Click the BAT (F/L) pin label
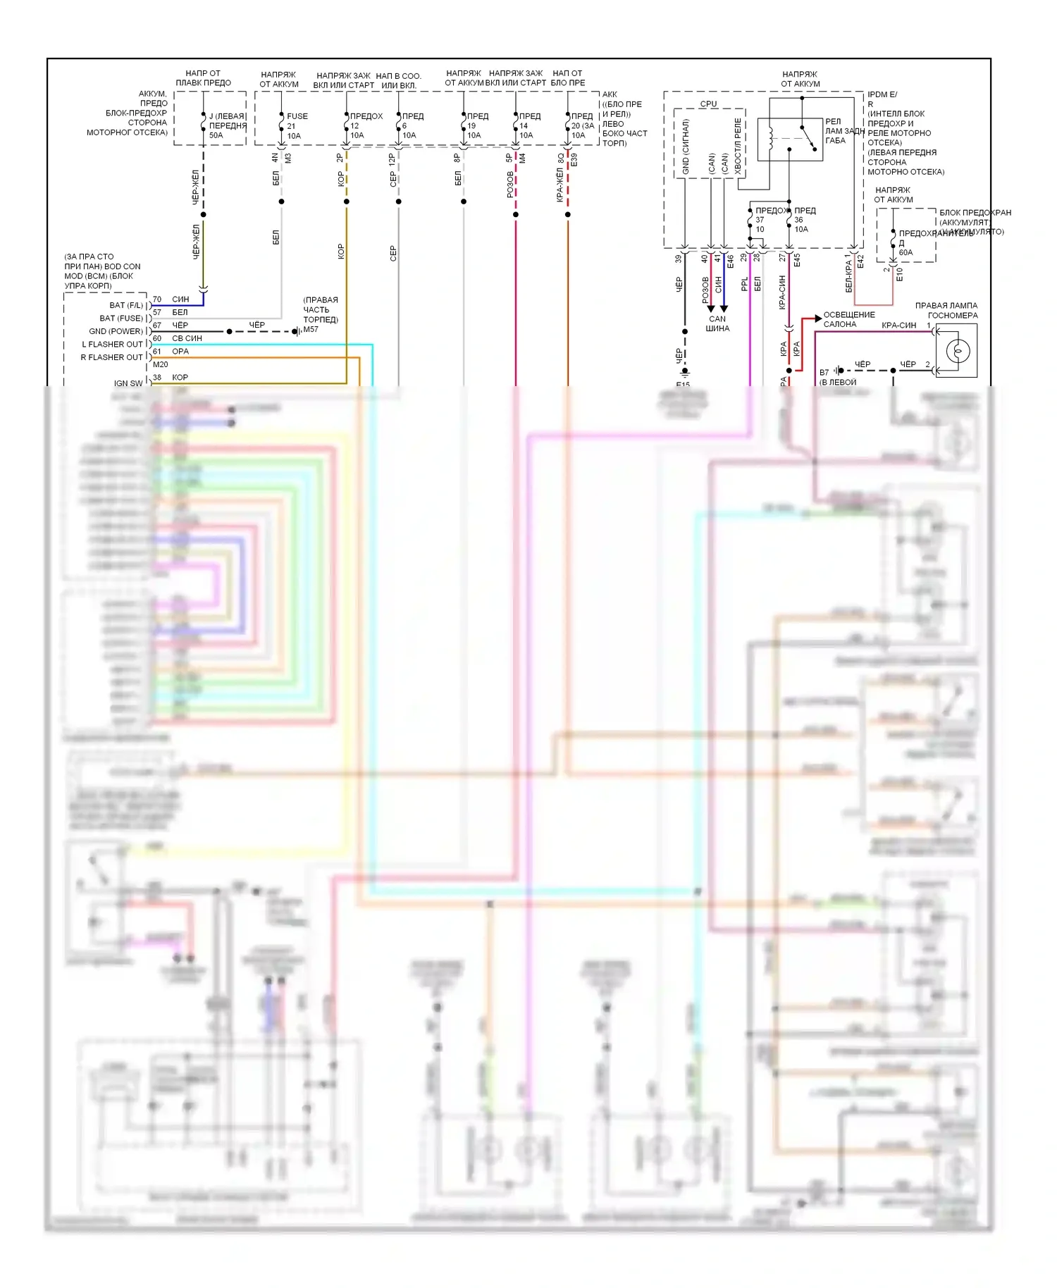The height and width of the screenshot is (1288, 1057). tap(126, 305)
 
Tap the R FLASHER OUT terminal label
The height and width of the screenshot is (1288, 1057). tap(111, 357)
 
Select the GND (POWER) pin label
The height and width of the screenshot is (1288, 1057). tap(116, 331)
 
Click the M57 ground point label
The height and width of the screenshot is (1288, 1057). tap(311, 329)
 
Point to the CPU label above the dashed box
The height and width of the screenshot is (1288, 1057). tap(708, 104)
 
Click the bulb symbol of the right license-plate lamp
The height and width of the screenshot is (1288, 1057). tap(958, 350)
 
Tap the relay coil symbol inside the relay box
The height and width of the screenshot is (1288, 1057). tap(771, 139)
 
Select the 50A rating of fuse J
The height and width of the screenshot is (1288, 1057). tap(216, 135)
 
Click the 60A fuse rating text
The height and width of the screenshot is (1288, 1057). tap(905, 252)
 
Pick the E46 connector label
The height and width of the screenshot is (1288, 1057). tap(731, 261)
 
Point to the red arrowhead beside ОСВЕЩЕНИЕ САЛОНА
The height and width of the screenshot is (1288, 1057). tap(817, 318)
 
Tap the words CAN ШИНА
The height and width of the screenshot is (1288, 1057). tap(717, 323)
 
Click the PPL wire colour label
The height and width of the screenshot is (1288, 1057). tap(745, 284)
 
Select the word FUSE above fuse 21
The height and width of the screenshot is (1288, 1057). tap(297, 116)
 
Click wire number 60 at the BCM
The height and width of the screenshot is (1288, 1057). tap(157, 338)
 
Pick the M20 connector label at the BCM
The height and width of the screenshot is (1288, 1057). tap(161, 364)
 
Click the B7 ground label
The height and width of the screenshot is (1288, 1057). tap(824, 373)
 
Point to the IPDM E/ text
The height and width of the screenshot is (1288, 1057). tap(882, 94)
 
